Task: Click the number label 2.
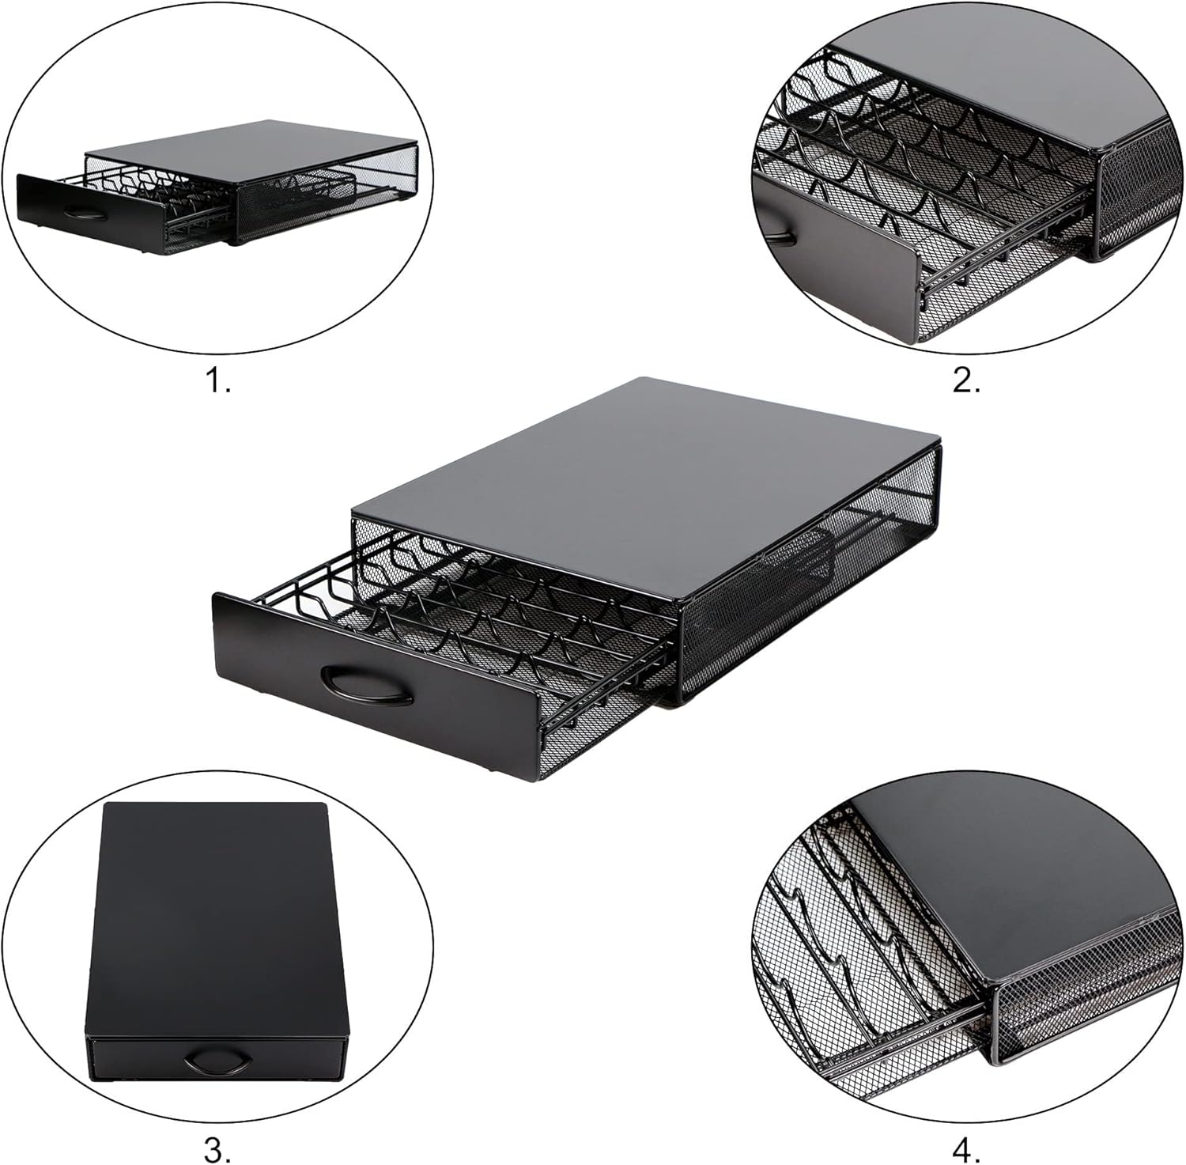[x=966, y=381]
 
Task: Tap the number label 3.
[x=217, y=1150]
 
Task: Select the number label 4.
[x=966, y=1150]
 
